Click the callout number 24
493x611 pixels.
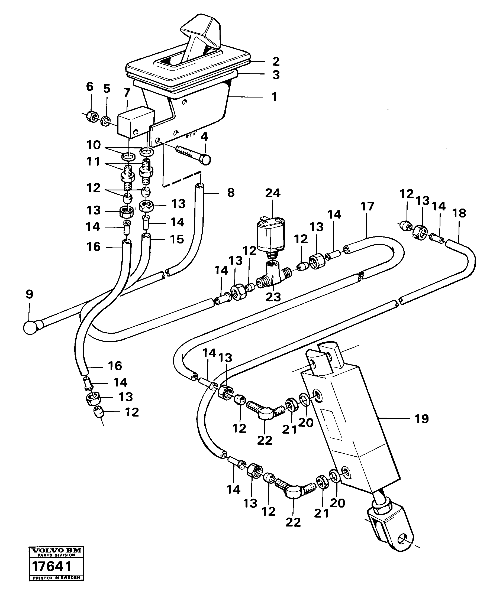(x=273, y=193)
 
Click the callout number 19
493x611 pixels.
(x=421, y=419)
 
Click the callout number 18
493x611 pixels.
(x=459, y=213)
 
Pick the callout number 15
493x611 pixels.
(x=177, y=239)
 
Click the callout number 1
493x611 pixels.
(x=274, y=97)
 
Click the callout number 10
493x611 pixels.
(x=94, y=145)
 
